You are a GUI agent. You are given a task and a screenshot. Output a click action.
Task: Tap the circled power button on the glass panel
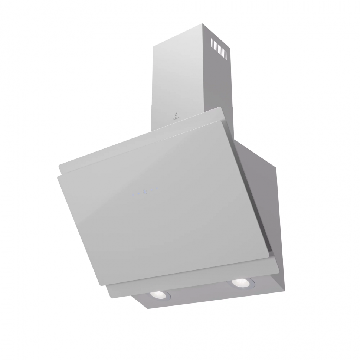click(145, 192)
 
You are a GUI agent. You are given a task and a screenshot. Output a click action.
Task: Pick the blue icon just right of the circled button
click(151, 190)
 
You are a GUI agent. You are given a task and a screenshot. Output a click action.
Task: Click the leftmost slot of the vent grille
click(212, 43)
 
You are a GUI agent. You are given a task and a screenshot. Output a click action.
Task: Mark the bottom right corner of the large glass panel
click(268, 256)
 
